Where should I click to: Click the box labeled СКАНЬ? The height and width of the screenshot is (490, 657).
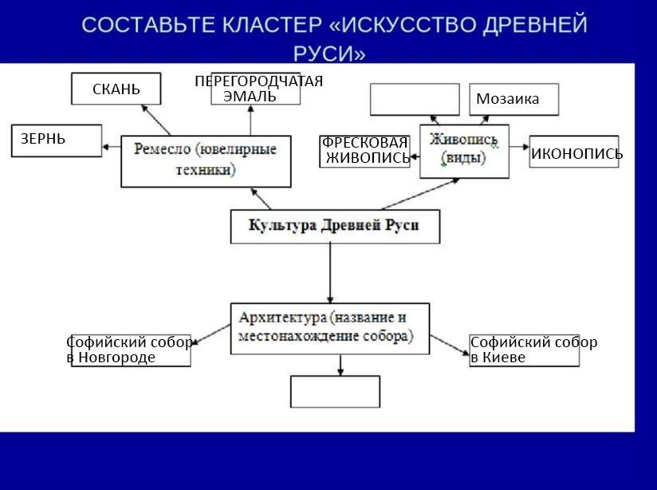pos(116,89)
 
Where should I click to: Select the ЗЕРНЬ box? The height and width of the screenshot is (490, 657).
pos(57,140)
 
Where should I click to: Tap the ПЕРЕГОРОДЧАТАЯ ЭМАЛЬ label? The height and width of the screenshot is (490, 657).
pos(257,89)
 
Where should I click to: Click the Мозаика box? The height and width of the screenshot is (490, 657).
pos(513,99)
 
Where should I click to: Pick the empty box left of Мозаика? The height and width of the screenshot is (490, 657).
pos(415,100)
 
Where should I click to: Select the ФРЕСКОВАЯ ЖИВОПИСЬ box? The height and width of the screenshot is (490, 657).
pos(365,150)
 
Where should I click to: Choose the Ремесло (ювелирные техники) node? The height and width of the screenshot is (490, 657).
pos(206,160)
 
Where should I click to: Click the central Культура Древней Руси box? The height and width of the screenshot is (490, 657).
pos(334,226)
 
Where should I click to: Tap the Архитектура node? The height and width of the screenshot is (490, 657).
pos(329,327)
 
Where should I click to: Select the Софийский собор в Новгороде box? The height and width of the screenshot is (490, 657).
pos(131,350)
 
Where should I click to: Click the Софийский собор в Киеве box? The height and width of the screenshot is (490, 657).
pos(524,350)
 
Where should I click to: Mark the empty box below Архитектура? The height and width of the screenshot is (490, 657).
pos(335,391)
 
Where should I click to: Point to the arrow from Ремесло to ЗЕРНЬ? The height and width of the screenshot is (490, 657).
pos(112,146)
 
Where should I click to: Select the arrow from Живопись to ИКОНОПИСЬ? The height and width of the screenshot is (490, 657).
pos(519,147)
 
